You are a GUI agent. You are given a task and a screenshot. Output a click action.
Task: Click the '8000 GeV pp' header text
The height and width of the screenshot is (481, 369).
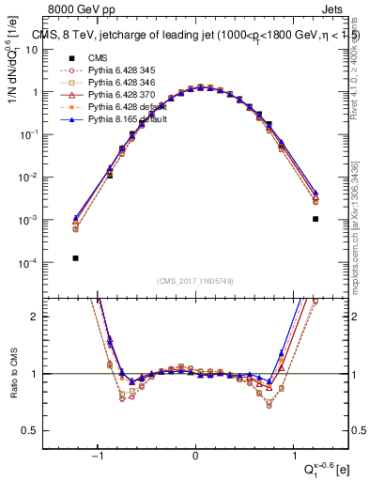pos(77,9)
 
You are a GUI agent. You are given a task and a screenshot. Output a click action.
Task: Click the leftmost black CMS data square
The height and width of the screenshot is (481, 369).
pos(75,257)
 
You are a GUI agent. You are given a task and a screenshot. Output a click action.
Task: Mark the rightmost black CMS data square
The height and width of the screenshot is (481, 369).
pos(315,219)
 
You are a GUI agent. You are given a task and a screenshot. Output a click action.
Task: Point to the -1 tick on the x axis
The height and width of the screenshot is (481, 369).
pos(98,457)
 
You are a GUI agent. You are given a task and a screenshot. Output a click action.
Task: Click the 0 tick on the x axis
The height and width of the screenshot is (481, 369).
pos(195,457)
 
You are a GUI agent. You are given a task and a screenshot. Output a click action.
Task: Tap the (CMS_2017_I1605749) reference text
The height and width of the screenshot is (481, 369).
pos(196,281)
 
